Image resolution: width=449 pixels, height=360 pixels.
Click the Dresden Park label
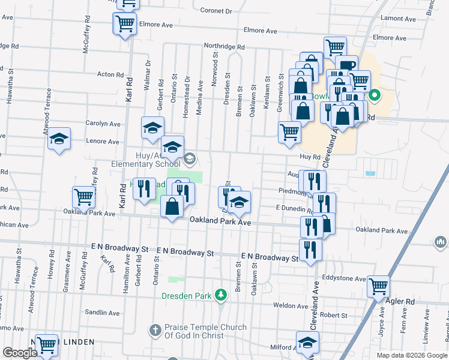[x=188, y=295]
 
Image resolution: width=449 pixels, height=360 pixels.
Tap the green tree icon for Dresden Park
[x=221, y=295]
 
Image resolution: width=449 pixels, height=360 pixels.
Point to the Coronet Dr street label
[x=216, y=11]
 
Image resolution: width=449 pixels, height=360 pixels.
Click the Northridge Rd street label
[x=224, y=46]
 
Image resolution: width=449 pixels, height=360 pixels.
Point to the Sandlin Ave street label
[x=102, y=313]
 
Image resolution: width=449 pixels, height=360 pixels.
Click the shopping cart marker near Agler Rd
[x=379, y=286]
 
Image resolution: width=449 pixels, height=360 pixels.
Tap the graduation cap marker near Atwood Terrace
[x=59, y=139]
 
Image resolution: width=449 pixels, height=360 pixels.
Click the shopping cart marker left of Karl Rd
[x=83, y=196]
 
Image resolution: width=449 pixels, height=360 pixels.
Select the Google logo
[x=20, y=353]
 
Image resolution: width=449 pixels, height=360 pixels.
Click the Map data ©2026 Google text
[x=411, y=355]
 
